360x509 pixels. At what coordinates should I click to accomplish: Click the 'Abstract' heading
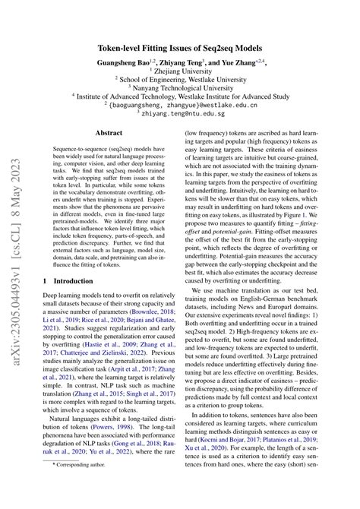pyautogui.click(x=109, y=131)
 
